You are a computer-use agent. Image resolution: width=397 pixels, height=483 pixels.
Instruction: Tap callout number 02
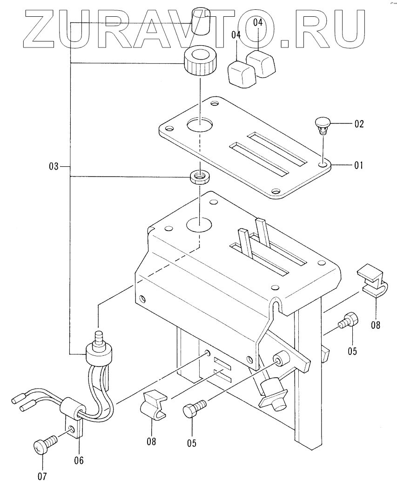(359, 124)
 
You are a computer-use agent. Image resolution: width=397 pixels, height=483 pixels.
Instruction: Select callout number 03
(54, 166)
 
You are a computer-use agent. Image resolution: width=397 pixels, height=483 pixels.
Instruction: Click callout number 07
(42, 476)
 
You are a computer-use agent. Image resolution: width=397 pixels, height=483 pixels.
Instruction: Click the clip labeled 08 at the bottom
(153, 405)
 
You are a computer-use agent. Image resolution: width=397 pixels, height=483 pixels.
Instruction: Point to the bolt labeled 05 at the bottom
(194, 408)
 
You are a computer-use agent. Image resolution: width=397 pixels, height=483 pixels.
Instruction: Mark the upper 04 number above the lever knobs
(258, 22)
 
